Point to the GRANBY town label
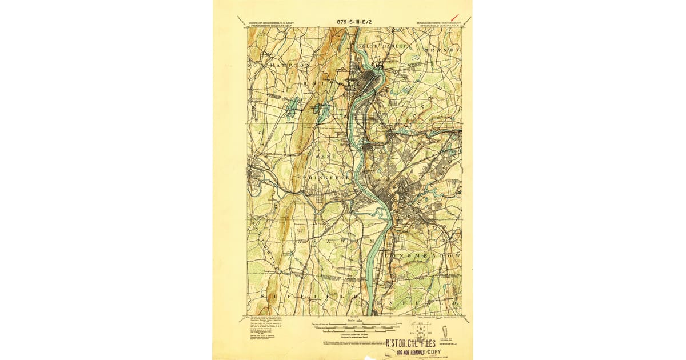442,50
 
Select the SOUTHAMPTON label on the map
278,66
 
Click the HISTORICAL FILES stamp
410,343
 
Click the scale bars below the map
354,327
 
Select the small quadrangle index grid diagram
422,330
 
